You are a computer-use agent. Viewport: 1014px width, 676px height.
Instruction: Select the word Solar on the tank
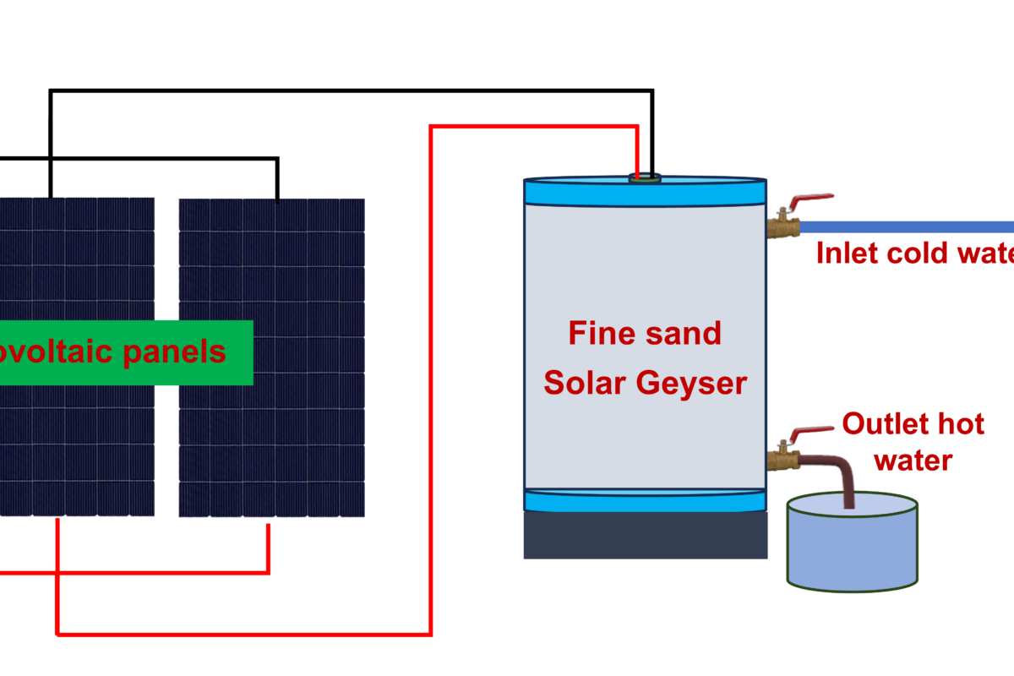click(x=584, y=383)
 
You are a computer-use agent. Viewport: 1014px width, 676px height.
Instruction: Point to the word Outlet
click(x=883, y=423)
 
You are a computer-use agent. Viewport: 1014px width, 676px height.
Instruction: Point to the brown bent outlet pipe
click(x=845, y=473)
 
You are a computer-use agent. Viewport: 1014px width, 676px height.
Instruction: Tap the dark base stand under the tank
click(x=646, y=536)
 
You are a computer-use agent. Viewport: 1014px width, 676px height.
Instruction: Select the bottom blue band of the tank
click(x=646, y=500)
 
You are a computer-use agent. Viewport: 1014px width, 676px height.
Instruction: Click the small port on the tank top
click(x=646, y=178)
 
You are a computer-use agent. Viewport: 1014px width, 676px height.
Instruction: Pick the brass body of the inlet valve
click(x=783, y=226)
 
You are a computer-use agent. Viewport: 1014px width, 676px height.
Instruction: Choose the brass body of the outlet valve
click(x=783, y=459)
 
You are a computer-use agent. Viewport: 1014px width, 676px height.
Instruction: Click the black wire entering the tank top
click(x=651, y=135)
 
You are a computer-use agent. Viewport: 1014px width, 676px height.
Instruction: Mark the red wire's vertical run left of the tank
click(x=431, y=380)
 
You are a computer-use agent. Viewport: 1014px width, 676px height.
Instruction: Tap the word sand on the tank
click(x=681, y=333)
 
